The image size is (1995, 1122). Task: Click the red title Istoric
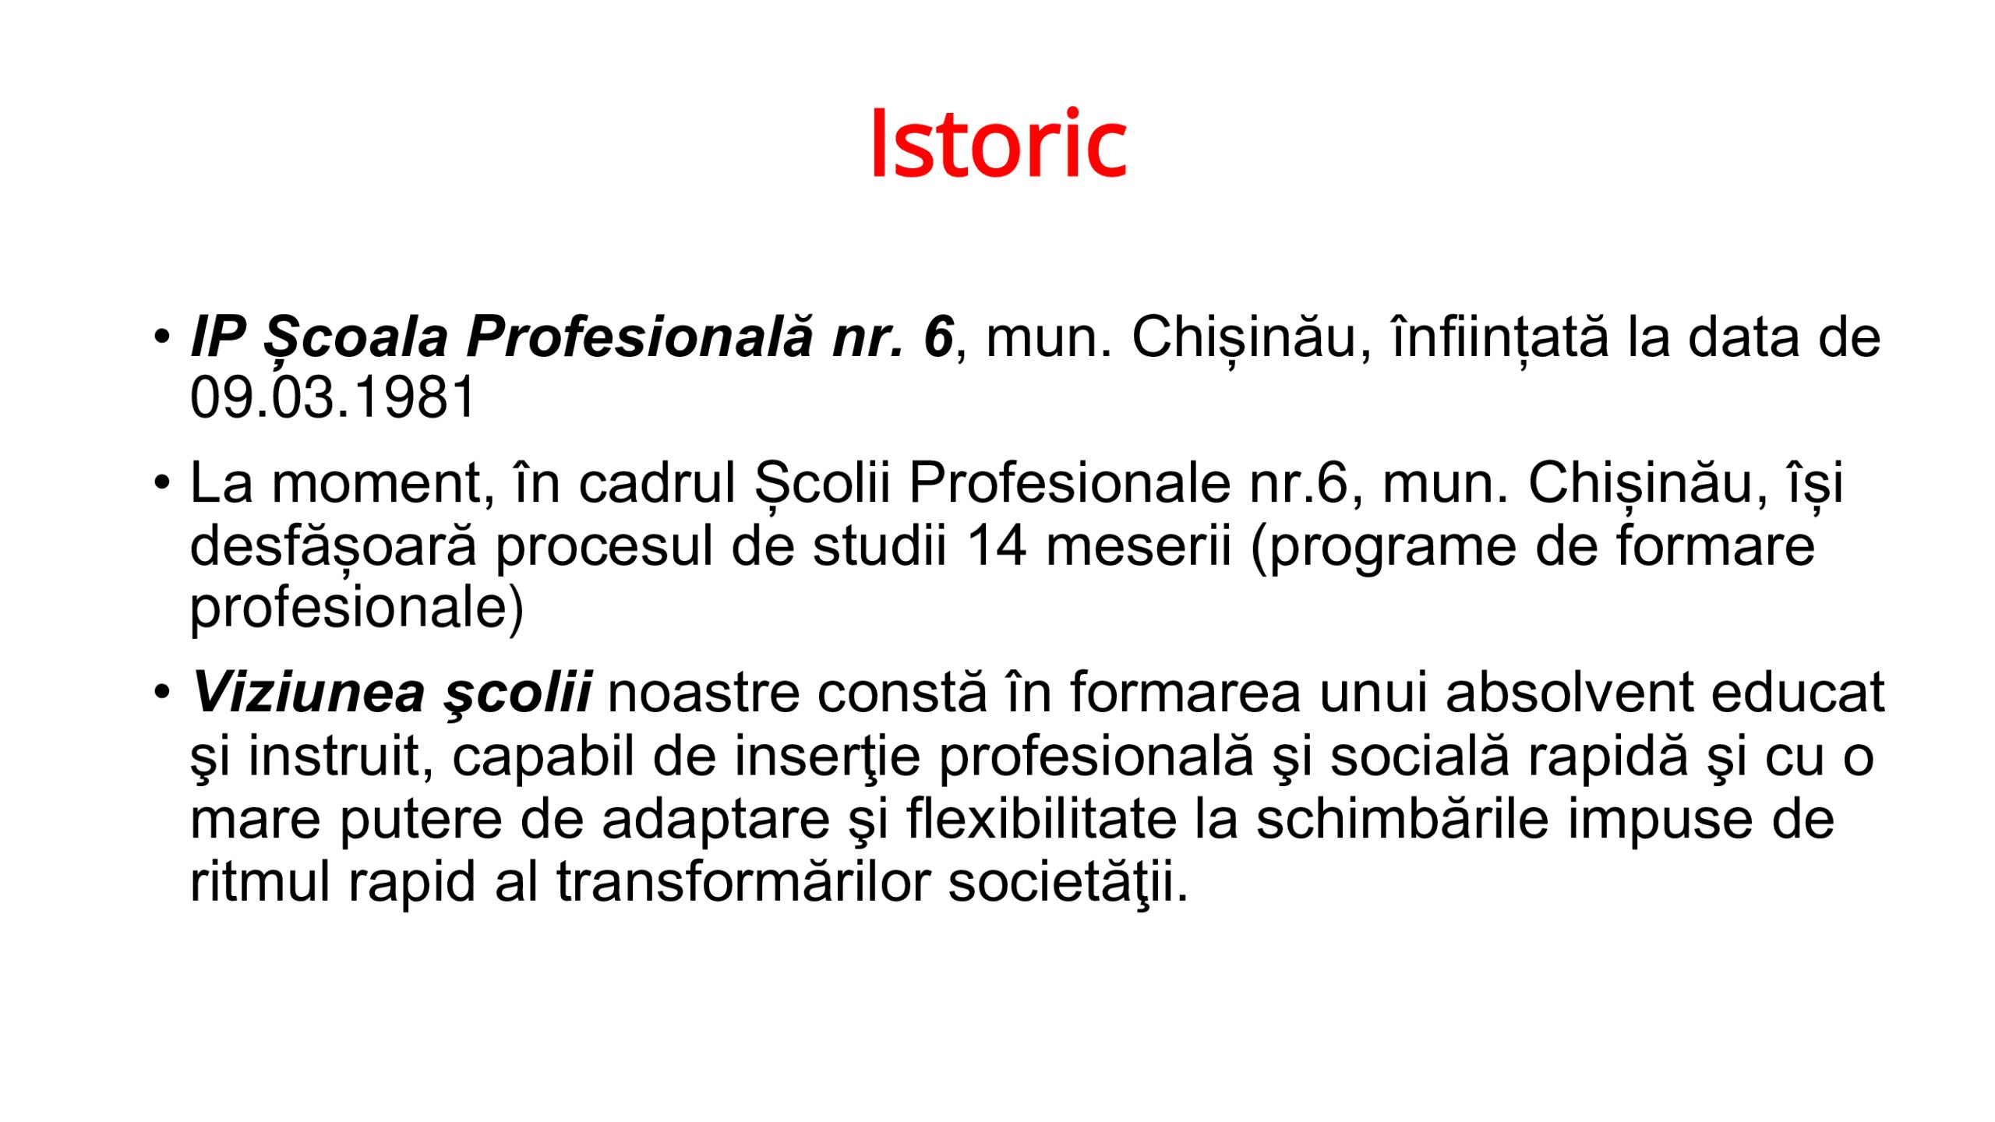(x=998, y=143)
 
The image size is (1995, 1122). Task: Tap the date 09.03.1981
(x=333, y=397)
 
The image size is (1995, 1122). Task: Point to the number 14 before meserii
(x=997, y=545)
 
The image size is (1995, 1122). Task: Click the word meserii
(x=1139, y=545)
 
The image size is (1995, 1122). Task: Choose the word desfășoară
(x=334, y=547)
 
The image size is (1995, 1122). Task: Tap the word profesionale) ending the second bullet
(x=357, y=609)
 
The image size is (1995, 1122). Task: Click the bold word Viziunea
(x=309, y=692)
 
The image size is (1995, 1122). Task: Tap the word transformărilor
(x=743, y=882)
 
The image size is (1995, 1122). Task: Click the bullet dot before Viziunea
(x=161, y=691)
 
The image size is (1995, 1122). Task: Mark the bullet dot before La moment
(x=161, y=482)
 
